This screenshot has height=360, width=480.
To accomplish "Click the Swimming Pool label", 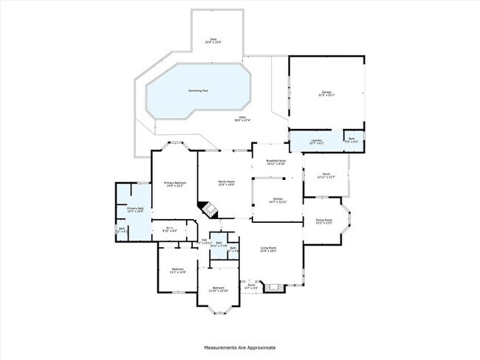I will click(198, 91).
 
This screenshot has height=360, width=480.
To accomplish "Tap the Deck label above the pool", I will click(213, 41).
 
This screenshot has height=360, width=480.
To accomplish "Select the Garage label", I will click(326, 92).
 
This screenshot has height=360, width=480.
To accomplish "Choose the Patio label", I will click(242, 119).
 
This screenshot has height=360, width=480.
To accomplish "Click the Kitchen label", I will click(278, 199).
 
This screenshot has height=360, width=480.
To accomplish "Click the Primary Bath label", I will click(134, 210).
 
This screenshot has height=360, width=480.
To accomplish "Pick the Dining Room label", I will click(324, 221).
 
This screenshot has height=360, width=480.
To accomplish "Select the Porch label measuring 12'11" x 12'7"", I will click(326, 175).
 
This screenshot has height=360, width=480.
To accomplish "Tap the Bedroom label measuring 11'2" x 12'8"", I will click(178, 269).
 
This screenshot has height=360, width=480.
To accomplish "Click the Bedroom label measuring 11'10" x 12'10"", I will click(218, 288).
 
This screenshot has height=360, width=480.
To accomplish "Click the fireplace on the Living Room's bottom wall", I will click(273, 286).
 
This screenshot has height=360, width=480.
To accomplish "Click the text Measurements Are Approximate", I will click(240, 346).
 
